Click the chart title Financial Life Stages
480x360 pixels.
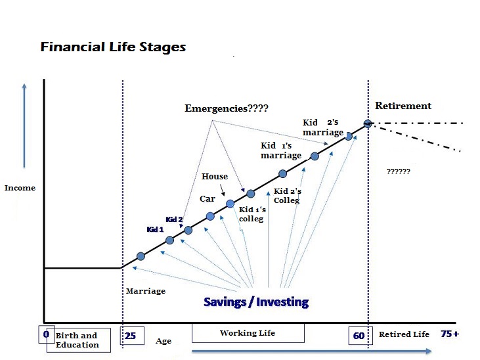click(x=113, y=47)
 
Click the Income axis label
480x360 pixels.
click(x=20, y=188)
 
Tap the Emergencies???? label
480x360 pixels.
click(x=227, y=108)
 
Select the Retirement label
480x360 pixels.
click(x=403, y=106)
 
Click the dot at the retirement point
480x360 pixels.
click(x=368, y=124)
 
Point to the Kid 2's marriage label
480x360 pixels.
click(x=323, y=127)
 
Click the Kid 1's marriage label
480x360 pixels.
click(x=281, y=150)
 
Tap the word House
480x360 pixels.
click(x=215, y=177)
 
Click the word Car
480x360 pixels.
click(x=207, y=199)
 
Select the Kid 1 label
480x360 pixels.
click(x=155, y=229)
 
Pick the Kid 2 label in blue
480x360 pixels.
click(x=174, y=219)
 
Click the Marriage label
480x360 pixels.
click(x=146, y=291)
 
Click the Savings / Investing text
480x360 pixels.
click(x=256, y=302)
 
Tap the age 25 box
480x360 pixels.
click(x=132, y=336)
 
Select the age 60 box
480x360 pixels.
click(x=360, y=336)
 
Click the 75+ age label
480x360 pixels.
click(x=450, y=334)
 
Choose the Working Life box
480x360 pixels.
click(x=248, y=332)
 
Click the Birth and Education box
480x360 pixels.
click(x=79, y=340)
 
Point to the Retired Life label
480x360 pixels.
click(x=404, y=334)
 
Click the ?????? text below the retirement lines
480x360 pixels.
click(x=399, y=171)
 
